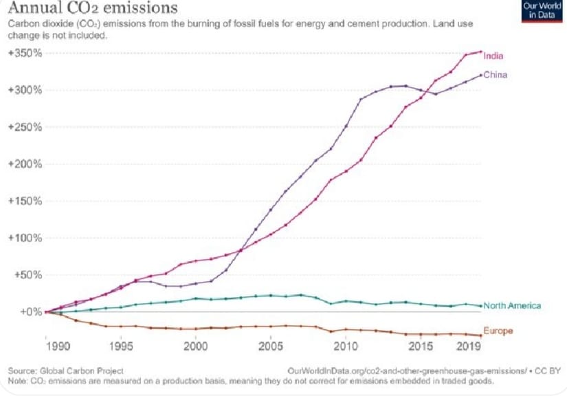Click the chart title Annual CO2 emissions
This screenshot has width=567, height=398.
[x=93, y=8]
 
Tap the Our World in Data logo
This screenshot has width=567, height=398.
[x=542, y=11]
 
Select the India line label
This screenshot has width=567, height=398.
[x=493, y=56]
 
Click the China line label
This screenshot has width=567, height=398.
[x=496, y=75]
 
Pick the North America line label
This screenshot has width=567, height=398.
[x=513, y=306]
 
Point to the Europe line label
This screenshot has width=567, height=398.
[x=498, y=331]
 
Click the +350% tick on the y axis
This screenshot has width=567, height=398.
[x=25, y=53]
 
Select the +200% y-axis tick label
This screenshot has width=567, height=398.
[x=25, y=164]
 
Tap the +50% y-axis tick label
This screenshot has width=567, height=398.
[x=28, y=275]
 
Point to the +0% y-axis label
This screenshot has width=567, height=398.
[x=32, y=312]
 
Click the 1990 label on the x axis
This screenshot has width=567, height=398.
[x=58, y=346]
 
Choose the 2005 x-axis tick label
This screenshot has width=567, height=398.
[x=271, y=346]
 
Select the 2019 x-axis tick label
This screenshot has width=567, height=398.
[x=469, y=346]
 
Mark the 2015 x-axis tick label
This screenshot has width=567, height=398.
[x=421, y=346]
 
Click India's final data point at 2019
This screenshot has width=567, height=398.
[x=481, y=52]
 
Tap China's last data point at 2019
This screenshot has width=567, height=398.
[x=481, y=75]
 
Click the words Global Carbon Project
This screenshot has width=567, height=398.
[x=82, y=371]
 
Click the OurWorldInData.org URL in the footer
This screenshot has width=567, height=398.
[x=407, y=371]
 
